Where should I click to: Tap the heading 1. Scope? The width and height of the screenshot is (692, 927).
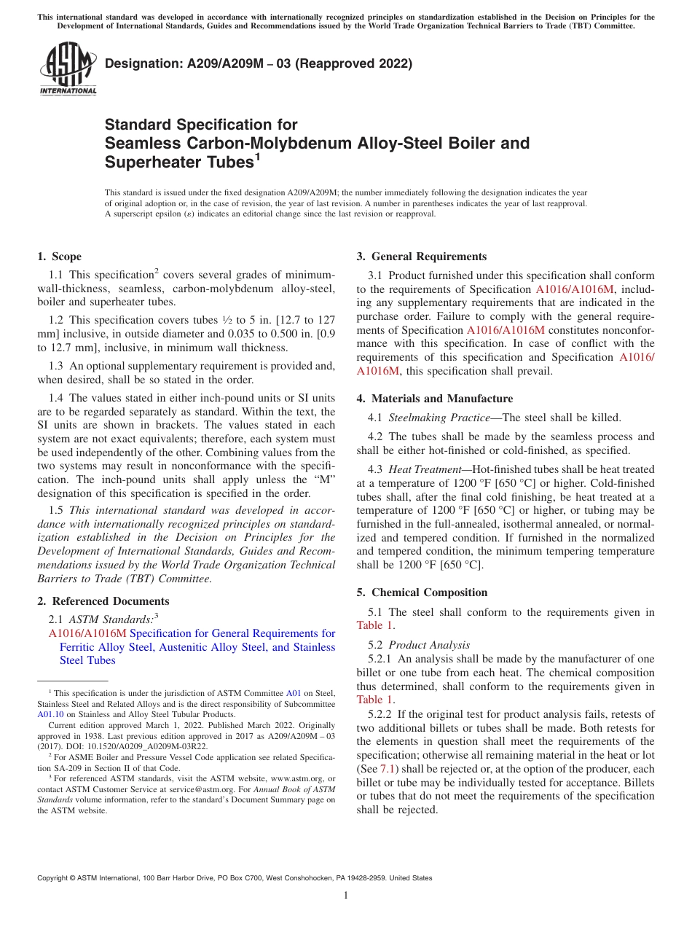coord(59,257)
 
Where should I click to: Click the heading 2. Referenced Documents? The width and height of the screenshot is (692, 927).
coord(103,601)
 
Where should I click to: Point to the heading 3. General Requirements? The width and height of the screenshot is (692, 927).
coord(421,257)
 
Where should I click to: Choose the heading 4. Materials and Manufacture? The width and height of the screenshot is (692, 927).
coord(434,399)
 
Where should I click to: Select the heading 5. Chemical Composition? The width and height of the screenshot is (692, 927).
coord(422,592)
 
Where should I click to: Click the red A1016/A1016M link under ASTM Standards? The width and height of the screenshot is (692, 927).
coord(87,633)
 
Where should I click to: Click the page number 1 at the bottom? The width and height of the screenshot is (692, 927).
coord(346,896)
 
